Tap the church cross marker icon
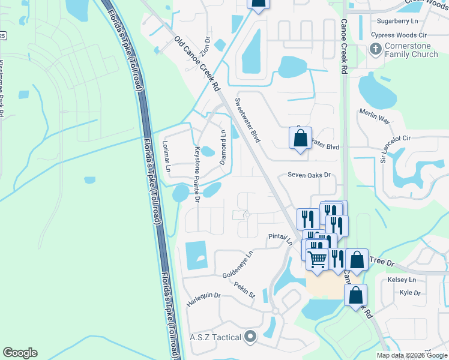376,49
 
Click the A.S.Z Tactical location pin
250,337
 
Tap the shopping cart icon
318,259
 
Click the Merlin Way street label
375,116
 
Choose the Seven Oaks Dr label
309,175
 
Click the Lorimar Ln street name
167,158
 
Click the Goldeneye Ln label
238,262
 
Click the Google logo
20,353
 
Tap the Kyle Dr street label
410,293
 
